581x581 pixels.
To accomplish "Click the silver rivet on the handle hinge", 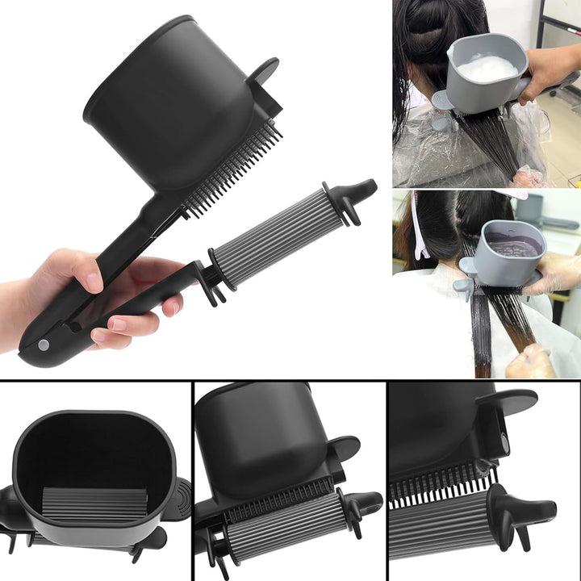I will (x=44, y=345).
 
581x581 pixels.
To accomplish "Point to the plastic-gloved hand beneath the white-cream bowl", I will (x=529, y=175).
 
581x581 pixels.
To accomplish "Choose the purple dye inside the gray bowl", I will (x=510, y=247).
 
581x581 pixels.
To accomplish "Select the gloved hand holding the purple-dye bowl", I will (x=557, y=274).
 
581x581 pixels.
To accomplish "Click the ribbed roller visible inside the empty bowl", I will (x=94, y=504).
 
